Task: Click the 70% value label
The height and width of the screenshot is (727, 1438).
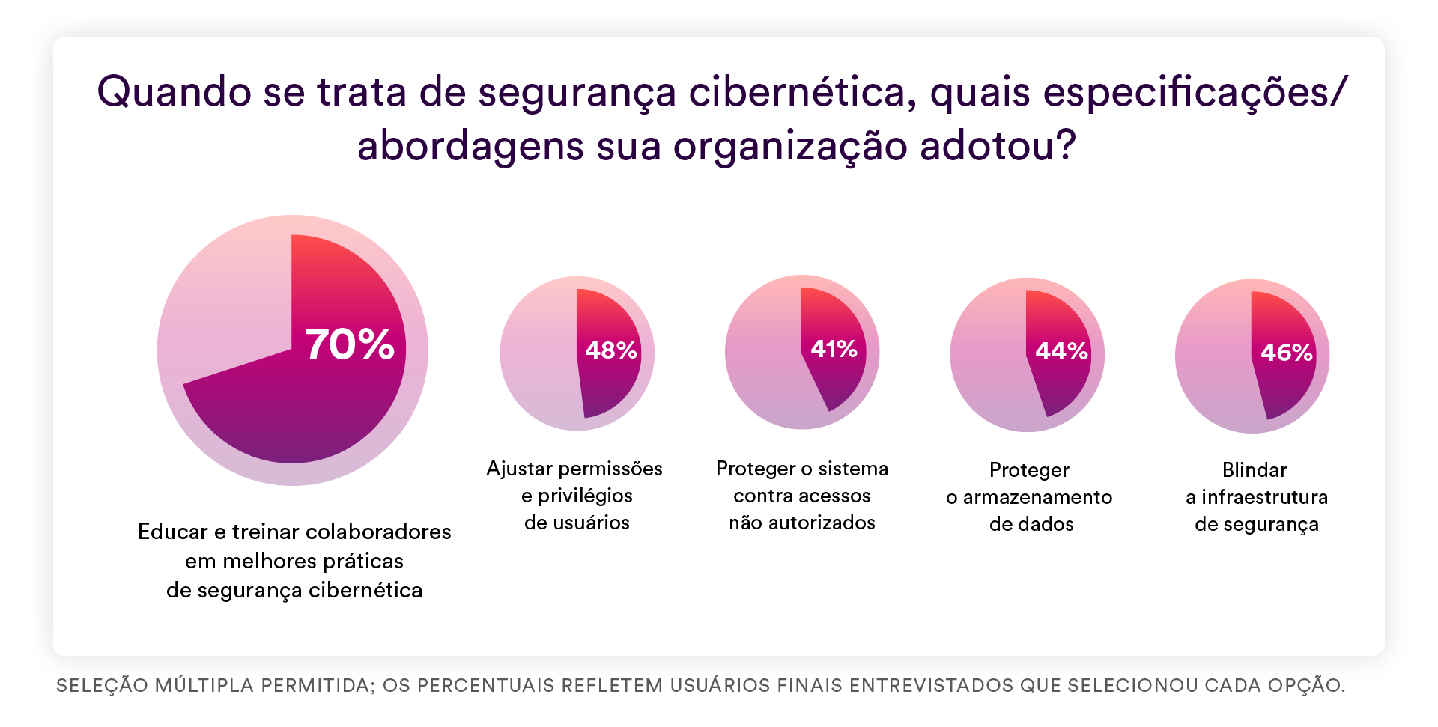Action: pyautogui.click(x=350, y=344)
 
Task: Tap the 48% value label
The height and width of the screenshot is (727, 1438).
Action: pyautogui.click(x=610, y=350)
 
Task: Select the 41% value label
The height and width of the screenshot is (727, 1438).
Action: pyautogui.click(x=834, y=349)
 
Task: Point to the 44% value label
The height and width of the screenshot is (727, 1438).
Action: pyautogui.click(x=1061, y=351)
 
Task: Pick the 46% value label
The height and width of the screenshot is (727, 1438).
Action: pyautogui.click(x=1287, y=353)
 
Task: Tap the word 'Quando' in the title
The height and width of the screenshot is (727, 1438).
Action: pyautogui.click(x=174, y=92)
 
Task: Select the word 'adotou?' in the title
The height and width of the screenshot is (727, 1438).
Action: pyautogui.click(x=998, y=145)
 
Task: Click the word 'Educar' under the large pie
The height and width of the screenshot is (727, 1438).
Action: pyautogui.click(x=173, y=532)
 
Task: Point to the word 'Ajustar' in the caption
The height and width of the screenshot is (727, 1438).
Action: pyautogui.click(x=519, y=469)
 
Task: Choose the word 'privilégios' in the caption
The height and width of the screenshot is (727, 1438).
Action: pyautogui.click(x=585, y=496)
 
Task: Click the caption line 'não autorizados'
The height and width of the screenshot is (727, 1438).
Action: pyautogui.click(x=802, y=523)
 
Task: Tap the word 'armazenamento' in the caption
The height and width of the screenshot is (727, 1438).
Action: pyautogui.click(x=1037, y=497)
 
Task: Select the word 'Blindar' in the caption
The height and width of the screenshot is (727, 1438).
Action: pyautogui.click(x=1255, y=470)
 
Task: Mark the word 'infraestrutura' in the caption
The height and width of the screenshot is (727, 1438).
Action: pyautogui.click(x=1264, y=497)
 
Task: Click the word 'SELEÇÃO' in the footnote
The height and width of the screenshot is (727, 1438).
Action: pyautogui.click(x=103, y=685)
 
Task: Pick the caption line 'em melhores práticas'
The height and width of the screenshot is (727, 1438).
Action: pyautogui.click(x=294, y=561)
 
